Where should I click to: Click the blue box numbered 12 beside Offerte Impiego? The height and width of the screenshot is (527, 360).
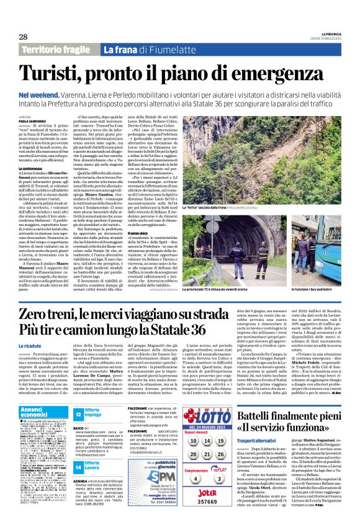78,413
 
